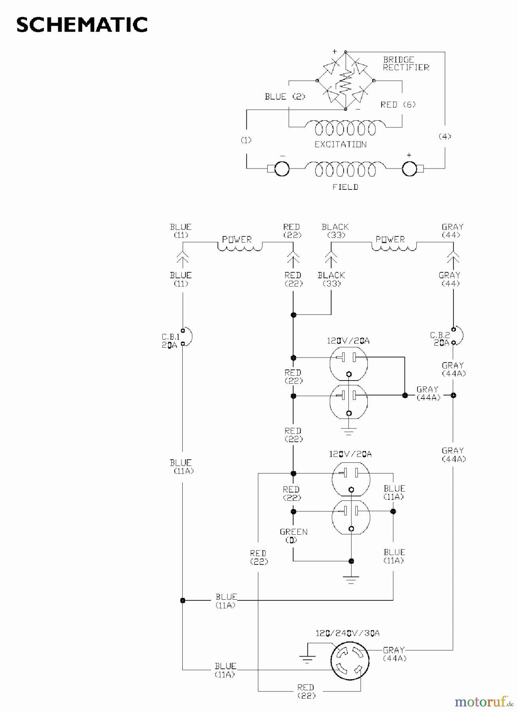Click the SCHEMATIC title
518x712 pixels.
point(82,25)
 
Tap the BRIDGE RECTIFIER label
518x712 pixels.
point(406,64)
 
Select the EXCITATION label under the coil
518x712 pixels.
point(340,145)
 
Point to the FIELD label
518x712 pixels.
point(345,187)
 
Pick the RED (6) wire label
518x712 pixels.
point(398,105)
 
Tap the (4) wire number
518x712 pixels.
point(445,136)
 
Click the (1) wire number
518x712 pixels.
point(246,140)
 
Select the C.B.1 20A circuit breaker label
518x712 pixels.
point(171,341)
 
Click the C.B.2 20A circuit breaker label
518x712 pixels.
point(440,339)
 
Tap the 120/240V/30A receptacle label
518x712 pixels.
point(347,633)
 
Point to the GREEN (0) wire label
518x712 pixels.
point(293,536)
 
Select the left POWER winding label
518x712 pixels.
point(237,240)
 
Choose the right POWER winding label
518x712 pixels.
point(390,240)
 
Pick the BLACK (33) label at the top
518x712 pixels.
point(335,231)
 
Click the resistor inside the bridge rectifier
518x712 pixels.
point(345,81)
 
